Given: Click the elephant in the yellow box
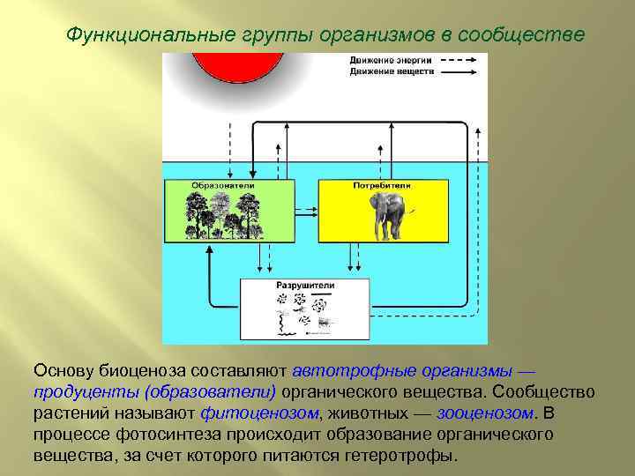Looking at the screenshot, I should click(x=390, y=217).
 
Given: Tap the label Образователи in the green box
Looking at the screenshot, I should click(x=223, y=185).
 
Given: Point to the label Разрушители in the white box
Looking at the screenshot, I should click(x=303, y=286).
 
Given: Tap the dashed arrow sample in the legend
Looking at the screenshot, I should click(x=458, y=59).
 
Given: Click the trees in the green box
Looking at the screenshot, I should click(x=223, y=216).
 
